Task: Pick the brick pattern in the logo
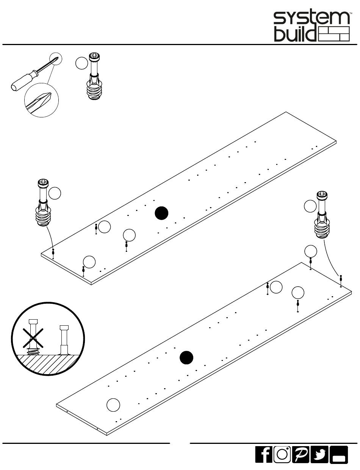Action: pos(334,34)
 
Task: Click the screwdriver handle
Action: pos(24,80)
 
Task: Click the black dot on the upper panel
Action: pos(161,213)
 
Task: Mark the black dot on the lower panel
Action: pos(186,358)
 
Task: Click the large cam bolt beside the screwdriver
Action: pos(94,76)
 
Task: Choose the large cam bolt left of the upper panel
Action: pos(43,203)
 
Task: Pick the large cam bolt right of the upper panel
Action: pos(322,215)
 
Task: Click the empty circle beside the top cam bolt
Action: pos(81,63)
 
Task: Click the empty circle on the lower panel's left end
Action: pos(113,405)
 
